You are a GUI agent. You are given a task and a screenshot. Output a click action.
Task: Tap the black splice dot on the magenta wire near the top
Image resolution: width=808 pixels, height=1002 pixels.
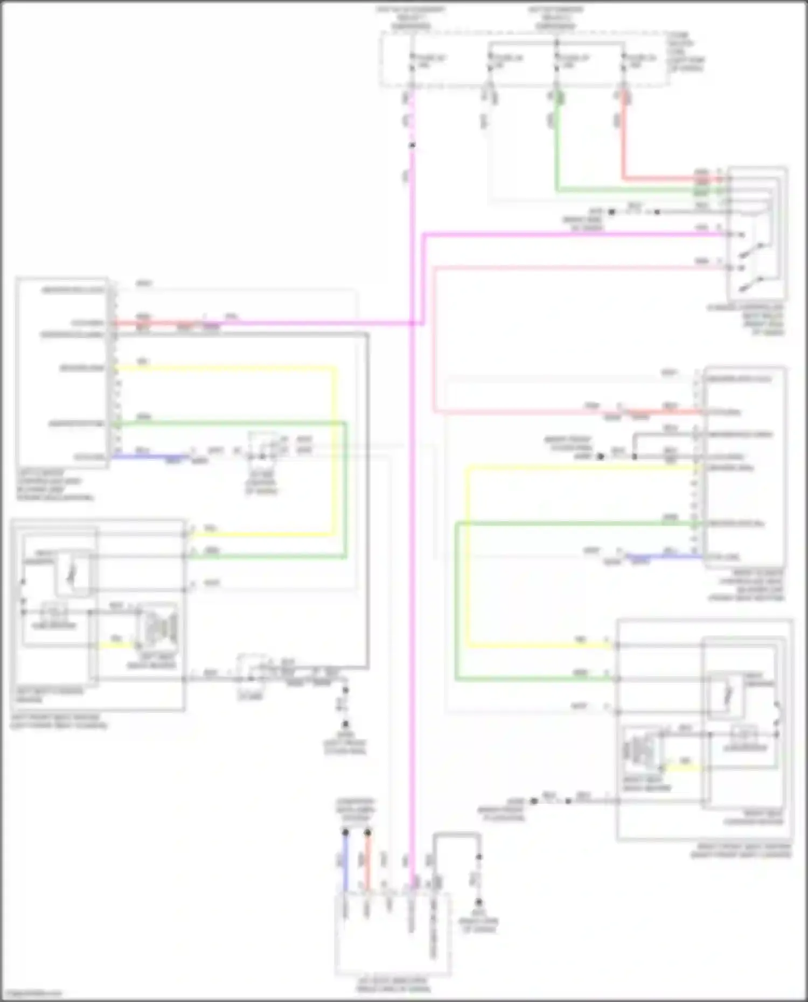coord(412,145)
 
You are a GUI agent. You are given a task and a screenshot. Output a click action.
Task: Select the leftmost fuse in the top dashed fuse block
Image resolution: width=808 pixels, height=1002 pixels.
coord(412,62)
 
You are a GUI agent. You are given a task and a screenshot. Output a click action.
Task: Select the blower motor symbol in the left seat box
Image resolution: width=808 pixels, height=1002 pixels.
coord(158,627)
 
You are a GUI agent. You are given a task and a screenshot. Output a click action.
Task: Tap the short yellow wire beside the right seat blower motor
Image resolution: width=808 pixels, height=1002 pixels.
coord(684,766)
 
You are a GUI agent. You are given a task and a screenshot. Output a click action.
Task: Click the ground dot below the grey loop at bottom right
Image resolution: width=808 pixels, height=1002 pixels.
coord(478,902)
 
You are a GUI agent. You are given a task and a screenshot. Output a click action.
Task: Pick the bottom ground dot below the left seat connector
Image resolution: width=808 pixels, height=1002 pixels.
coord(345,724)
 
